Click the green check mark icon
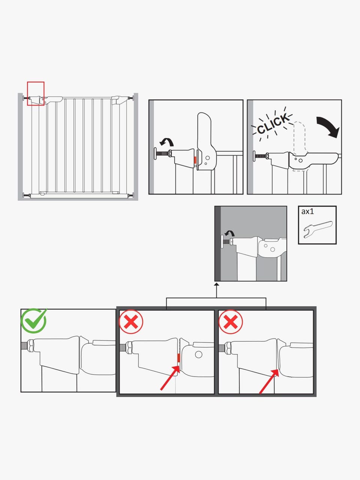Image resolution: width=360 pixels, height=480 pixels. (x=33, y=321)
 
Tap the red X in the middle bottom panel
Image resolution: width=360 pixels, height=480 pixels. (x=131, y=322)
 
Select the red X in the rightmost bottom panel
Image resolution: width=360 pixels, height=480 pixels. (x=230, y=322)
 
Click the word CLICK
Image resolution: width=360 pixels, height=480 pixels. (x=272, y=124)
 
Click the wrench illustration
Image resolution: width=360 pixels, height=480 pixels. (x=318, y=229)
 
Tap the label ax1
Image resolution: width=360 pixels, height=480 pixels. (x=307, y=211)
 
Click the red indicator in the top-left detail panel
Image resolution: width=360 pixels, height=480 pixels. (x=195, y=160)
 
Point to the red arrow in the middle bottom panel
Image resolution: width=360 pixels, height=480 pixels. (x=170, y=378)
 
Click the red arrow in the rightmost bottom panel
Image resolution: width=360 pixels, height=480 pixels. (x=269, y=382)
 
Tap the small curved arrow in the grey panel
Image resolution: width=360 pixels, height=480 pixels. (x=230, y=233)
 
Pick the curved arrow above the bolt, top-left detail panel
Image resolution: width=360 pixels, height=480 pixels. (x=166, y=142)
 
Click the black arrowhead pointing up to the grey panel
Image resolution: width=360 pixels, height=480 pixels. (x=216, y=285)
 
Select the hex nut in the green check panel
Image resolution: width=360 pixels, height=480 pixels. (x=30, y=345)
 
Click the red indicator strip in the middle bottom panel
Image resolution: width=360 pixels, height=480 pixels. (x=178, y=358)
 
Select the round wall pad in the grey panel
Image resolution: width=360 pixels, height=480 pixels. (x=222, y=241)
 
